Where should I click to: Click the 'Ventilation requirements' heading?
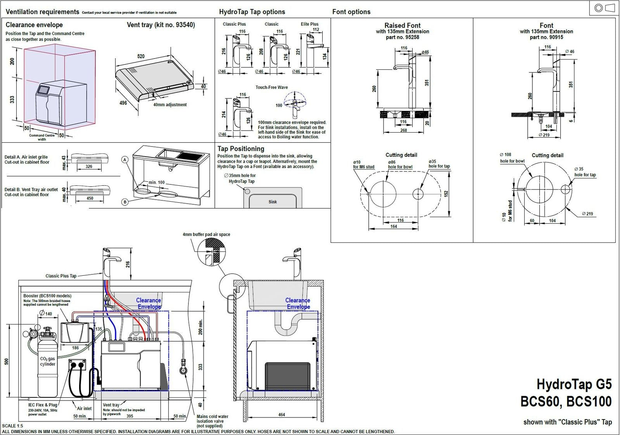[x=42, y=12]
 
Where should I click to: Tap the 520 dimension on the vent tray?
[x=141, y=56]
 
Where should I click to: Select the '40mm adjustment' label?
[x=170, y=105]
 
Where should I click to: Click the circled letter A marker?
[x=125, y=159]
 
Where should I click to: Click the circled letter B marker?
[x=125, y=202]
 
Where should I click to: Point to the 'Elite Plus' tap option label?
[x=309, y=24]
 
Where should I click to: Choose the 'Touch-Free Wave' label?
[x=271, y=87]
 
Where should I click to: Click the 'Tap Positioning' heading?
[x=240, y=148]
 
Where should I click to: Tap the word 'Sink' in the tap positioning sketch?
[x=273, y=202]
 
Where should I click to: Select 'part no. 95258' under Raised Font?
[x=402, y=37]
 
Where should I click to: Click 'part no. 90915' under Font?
[x=546, y=37]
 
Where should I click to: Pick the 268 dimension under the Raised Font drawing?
[x=403, y=130]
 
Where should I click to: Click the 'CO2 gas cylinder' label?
[x=48, y=361]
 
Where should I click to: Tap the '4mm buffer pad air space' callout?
[x=206, y=234]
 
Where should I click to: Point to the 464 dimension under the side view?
[x=282, y=414]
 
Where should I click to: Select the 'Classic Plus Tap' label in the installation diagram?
[x=61, y=276]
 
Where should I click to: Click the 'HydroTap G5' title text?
[x=573, y=384]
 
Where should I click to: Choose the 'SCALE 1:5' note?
[x=12, y=426]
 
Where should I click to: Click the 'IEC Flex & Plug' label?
[x=43, y=405]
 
